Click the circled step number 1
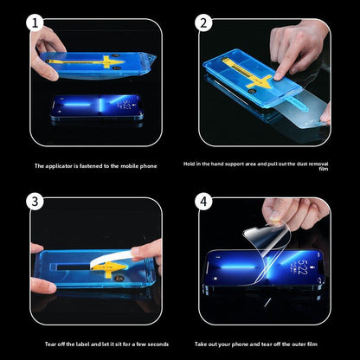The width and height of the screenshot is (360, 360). (35, 23)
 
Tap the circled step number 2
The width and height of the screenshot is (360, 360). (203, 23)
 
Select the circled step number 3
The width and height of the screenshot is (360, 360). (35, 202)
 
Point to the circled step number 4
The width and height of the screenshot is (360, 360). (203, 202)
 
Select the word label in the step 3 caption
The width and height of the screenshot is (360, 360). (84, 344)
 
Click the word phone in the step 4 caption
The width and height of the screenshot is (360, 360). (240, 344)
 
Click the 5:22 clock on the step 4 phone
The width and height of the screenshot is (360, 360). (303, 267)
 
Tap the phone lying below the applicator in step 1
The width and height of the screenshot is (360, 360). (97, 107)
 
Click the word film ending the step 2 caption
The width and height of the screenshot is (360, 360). (324, 169)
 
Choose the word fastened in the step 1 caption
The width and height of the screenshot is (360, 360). (91, 166)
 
